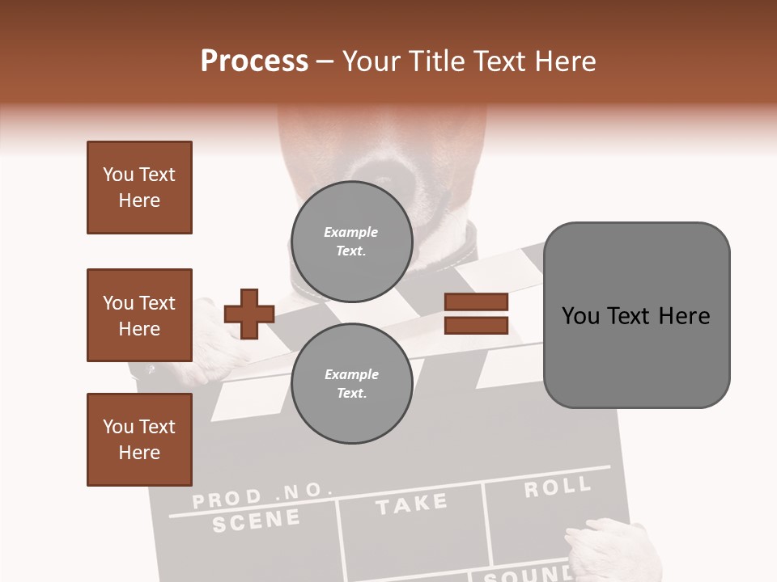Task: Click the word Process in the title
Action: [254, 61]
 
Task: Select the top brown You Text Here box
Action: [139, 188]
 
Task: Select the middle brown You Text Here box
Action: [139, 315]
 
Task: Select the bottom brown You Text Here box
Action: [139, 440]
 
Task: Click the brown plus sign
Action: [249, 313]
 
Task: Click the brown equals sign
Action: [476, 314]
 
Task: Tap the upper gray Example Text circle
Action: [351, 242]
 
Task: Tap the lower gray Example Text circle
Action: [351, 384]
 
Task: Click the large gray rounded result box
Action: [636, 315]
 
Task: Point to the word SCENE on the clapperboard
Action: [256, 521]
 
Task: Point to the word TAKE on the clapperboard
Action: [411, 504]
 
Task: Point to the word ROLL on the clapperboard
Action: [557, 487]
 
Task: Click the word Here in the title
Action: [563, 61]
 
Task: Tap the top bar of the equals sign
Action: [476, 302]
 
